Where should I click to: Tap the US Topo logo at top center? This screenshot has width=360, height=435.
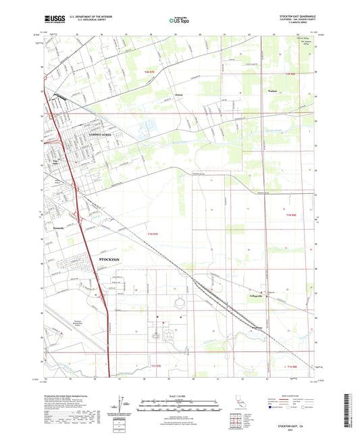178,21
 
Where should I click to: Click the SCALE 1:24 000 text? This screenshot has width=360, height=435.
179,395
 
